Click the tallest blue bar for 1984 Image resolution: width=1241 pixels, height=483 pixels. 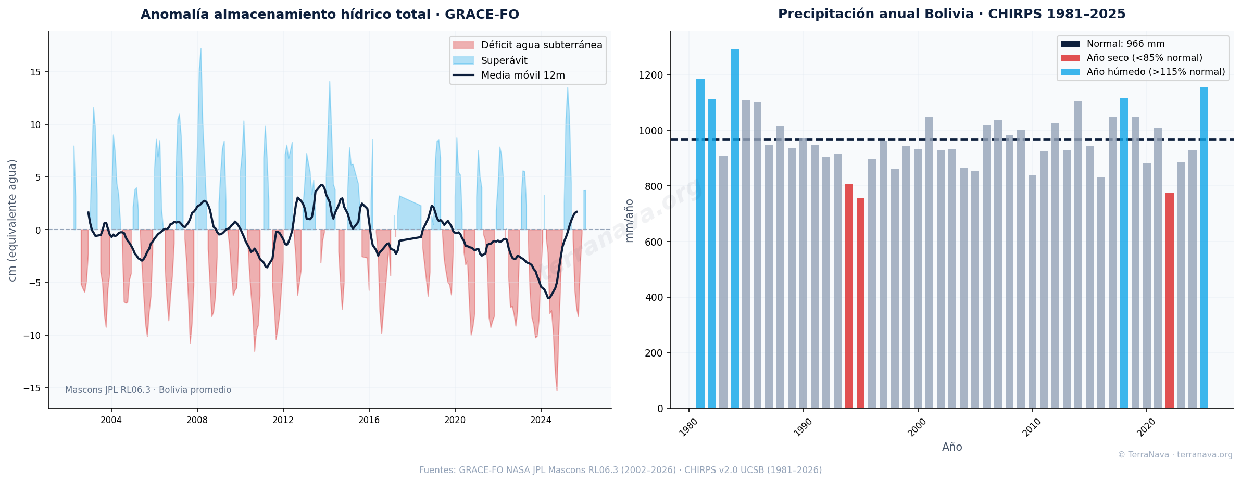(x=734, y=229)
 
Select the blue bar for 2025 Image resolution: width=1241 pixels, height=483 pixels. (x=1204, y=248)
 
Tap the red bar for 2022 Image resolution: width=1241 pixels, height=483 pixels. (x=1170, y=301)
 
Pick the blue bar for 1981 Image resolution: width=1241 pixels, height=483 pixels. (x=700, y=244)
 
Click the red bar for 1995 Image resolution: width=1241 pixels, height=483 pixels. (x=860, y=303)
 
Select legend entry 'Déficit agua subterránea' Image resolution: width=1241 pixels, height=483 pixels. (x=528, y=45)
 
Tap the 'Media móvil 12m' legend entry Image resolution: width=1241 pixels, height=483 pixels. (x=509, y=75)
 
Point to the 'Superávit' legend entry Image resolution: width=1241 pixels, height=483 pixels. (x=490, y=60)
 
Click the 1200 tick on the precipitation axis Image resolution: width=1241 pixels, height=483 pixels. (x=651, y=75)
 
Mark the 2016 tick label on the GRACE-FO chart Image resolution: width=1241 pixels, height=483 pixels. (x=369, y=420)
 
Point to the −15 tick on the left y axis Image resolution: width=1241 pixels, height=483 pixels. (x=32, y=388)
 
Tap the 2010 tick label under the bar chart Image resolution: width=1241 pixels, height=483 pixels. (x=1032, y=428)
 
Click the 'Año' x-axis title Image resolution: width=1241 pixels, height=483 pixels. (x=952, y=447)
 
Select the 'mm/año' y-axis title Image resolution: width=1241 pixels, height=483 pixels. (x=629, y=220)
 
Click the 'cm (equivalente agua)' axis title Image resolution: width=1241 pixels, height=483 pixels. (x=12, y=220)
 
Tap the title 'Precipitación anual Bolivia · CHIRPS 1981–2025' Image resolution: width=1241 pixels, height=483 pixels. (x=952, y=14)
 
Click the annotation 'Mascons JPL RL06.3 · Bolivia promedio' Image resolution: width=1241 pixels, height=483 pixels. (x=148, y=390)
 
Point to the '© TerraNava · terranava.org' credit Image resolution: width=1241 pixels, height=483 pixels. (x=1175, y=455)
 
